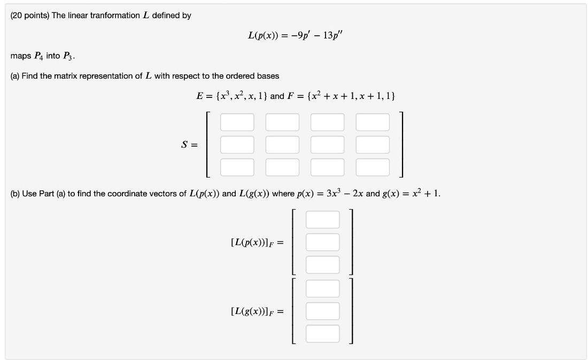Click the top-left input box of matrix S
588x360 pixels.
237,122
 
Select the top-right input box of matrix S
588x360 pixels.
373,122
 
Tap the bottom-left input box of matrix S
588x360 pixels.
237,167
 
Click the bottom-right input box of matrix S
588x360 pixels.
373,167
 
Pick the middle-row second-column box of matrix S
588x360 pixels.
282,144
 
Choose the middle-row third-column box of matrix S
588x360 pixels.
328,144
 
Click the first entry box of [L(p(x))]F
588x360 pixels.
322,219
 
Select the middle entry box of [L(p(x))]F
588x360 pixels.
322,242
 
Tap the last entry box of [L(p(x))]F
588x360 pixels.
322,264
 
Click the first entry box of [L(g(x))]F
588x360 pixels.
322,288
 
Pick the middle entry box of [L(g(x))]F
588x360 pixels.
322,311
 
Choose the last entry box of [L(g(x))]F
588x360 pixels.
322,333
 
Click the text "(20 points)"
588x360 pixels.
30,16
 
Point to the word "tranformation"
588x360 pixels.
115,16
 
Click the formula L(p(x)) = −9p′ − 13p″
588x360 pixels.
299,36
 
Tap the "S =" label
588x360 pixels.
189,144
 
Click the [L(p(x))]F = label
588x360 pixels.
256,242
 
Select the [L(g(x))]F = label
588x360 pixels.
256,311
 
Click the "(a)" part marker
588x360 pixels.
15,76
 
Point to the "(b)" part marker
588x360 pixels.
15,193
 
